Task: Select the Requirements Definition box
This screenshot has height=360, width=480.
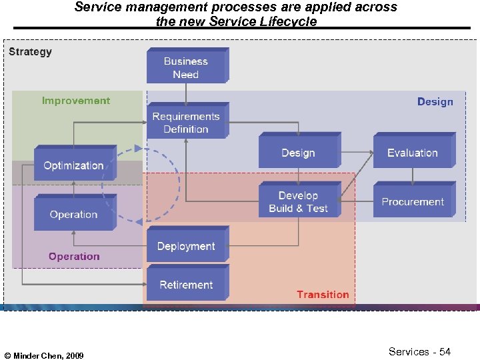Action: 186,123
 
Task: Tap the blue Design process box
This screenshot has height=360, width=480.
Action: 298,153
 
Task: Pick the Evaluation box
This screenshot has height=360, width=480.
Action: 413,153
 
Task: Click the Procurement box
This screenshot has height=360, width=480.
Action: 413,201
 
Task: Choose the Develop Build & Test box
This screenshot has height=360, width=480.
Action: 298,201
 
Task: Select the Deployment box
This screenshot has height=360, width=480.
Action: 186,246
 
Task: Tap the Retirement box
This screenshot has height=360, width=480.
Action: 186,285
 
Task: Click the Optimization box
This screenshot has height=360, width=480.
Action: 73,165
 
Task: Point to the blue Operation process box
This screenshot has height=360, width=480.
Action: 73,215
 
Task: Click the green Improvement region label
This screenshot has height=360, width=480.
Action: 76,101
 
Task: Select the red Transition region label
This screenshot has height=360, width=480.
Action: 323,295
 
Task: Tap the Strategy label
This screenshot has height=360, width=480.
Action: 30,52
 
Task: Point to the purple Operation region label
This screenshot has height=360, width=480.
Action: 74,257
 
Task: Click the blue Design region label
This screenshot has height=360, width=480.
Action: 435,102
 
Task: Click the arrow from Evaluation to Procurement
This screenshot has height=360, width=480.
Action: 413,177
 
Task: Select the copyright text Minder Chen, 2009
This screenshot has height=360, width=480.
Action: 44,356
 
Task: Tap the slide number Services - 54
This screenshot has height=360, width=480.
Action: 419,352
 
